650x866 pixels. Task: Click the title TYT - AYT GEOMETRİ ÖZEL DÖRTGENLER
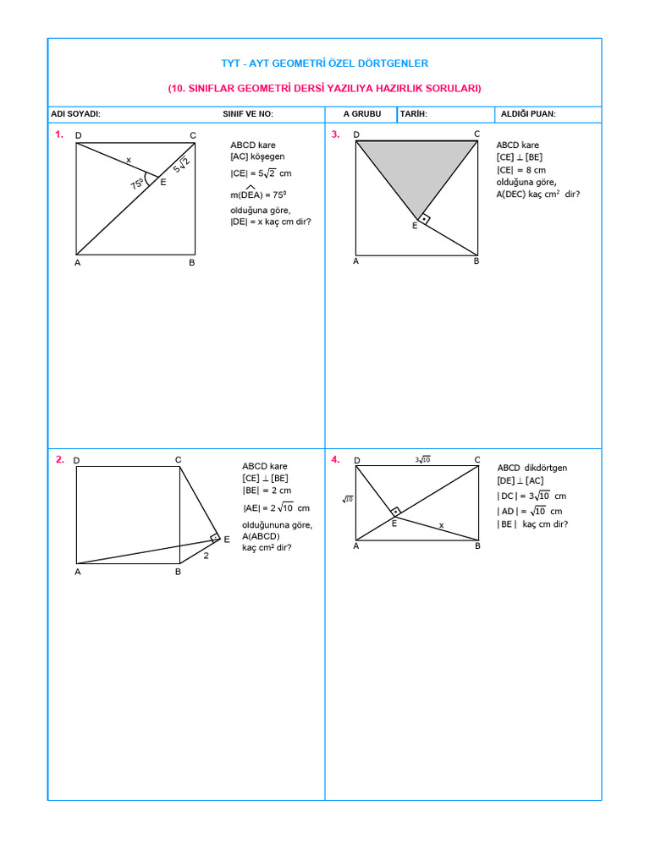324,63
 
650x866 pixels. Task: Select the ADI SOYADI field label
75,114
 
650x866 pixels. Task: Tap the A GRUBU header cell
362,114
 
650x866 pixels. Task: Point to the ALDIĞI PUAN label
528,114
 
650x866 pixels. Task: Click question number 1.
59,134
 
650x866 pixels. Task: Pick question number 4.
336,459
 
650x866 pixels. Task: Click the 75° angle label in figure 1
136,184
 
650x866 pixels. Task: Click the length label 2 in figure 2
206,556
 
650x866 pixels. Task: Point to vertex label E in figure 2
227,540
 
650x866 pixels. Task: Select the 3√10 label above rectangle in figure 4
422,459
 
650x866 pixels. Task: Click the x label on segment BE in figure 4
441,525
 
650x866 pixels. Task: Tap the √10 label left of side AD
348,499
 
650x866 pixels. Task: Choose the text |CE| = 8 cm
521,169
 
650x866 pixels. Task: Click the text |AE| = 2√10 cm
276,508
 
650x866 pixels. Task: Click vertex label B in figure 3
476,261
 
